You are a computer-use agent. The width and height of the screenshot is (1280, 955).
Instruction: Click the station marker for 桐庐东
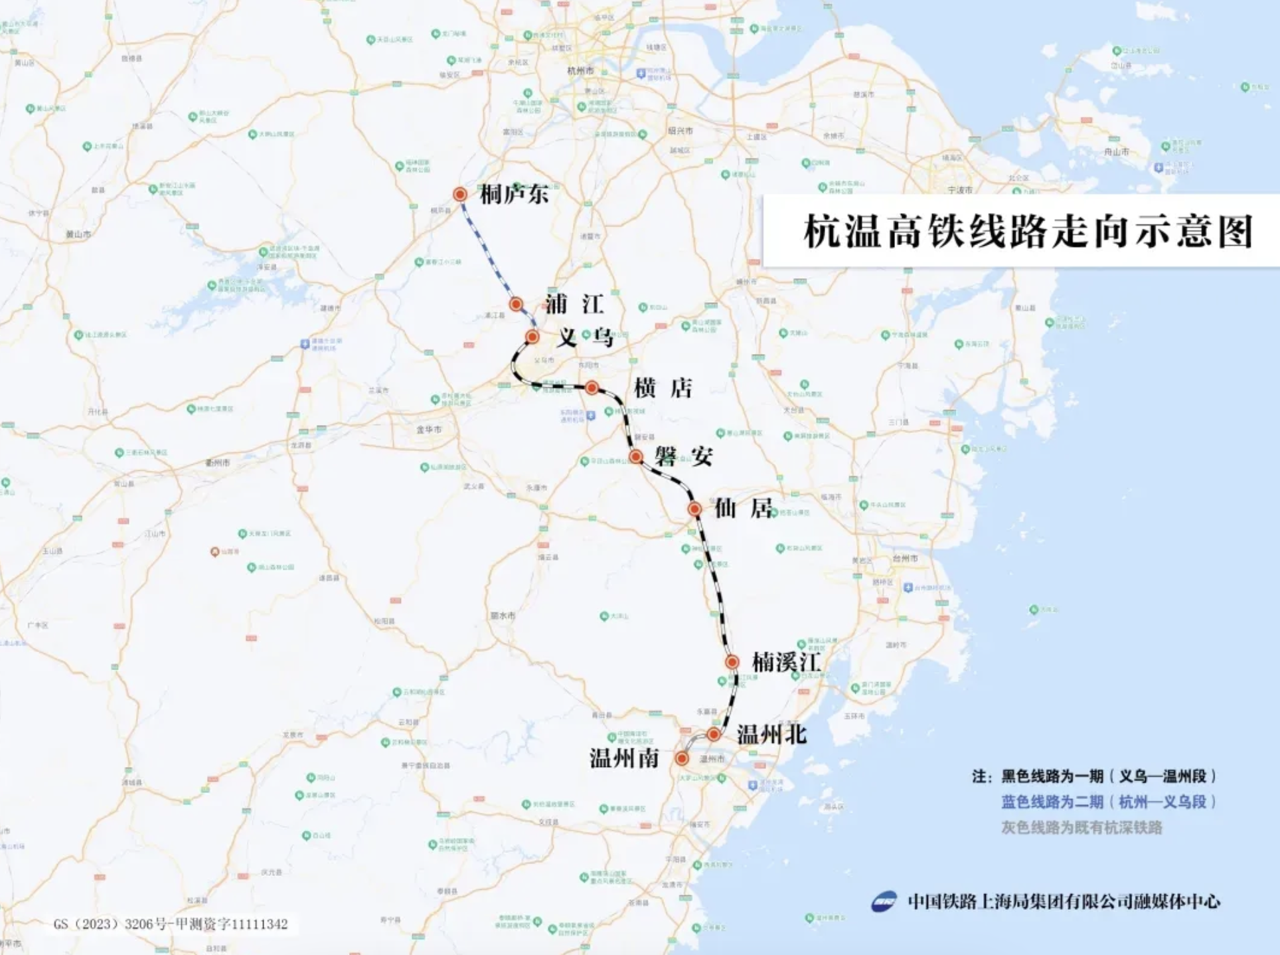(460, 194)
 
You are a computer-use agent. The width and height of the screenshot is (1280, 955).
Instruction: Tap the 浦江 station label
(574, 304)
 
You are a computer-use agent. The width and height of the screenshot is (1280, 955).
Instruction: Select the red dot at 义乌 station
(532, 337)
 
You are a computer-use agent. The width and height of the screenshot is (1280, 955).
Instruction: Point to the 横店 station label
(663, 388)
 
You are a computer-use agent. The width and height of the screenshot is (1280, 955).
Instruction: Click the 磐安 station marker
(636, 456)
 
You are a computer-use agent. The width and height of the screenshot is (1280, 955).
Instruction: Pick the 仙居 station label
(744, 509)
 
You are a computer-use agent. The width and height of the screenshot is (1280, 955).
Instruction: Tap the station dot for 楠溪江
(732, 662)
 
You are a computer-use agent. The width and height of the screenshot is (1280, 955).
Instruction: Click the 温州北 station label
(771, 734)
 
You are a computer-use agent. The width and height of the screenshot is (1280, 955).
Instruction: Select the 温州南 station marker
(682, 758)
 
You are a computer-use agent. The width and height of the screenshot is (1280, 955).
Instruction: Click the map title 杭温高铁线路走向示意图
(1028, 231)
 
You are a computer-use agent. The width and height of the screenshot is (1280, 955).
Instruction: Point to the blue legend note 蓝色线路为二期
(1109, 802)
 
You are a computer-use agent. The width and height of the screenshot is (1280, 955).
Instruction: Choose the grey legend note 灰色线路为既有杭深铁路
(1081, 827)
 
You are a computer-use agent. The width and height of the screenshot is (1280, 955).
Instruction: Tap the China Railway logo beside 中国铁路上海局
(884, 901)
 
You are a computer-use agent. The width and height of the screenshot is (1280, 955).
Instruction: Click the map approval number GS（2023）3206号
(171, 924)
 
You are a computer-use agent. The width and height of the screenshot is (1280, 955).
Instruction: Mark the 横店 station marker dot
(592, 387)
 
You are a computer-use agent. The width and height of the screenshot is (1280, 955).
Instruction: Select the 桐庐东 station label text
(514, 194)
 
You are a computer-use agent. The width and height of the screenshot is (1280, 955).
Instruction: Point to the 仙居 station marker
(694, 509)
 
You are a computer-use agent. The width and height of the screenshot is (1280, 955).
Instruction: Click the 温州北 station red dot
(713, 734)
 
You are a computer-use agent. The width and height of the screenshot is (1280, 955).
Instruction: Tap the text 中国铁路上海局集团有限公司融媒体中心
(1064, 901)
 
